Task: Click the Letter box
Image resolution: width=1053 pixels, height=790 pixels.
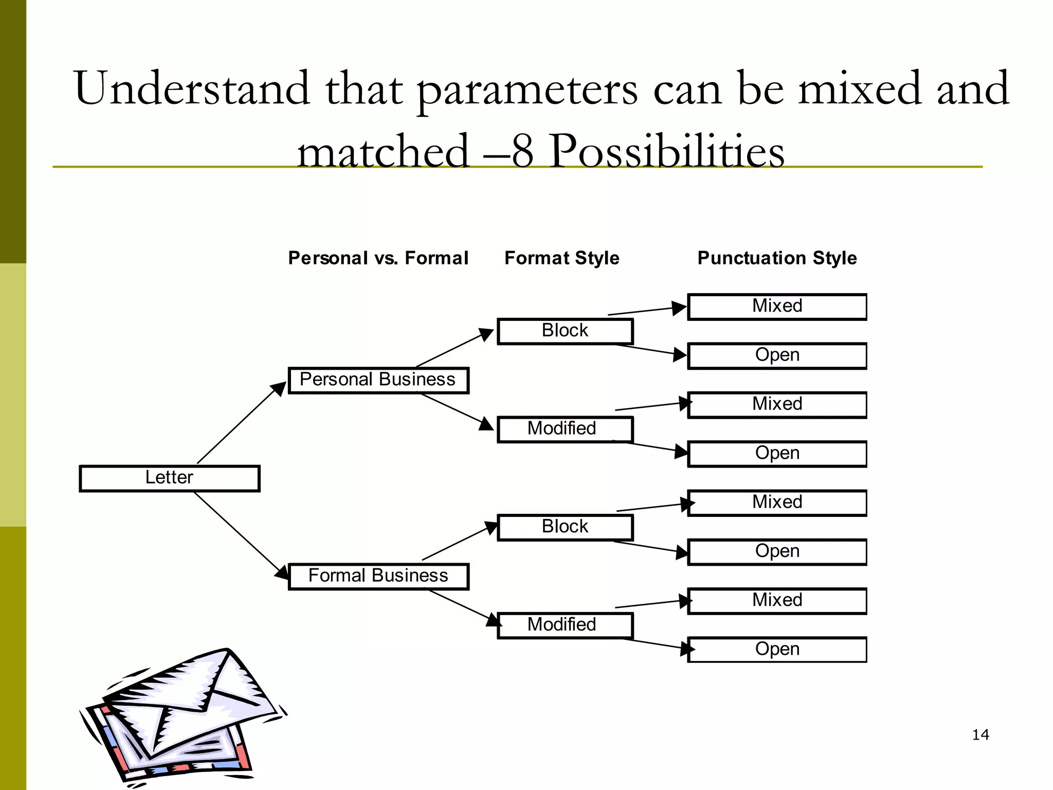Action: [x=170, y=478]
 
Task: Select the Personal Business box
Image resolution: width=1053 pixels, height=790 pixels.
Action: [x=378, y=381]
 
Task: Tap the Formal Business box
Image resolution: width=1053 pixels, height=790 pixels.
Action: [x=378, y=577]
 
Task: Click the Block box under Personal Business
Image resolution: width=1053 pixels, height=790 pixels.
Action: [x=565, y=331]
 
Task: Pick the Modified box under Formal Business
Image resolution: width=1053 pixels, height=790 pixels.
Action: [x=565, y=625]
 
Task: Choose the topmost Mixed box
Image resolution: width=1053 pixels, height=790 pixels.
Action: [x=777, y=307]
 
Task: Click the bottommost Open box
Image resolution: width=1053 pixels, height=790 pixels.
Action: [x=777, y=650]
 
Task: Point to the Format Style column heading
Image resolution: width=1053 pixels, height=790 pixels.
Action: [x=562, y=258]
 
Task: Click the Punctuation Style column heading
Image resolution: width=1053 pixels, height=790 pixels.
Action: [x=777, y=258]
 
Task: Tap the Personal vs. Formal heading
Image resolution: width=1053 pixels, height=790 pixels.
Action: [x=378, y=258]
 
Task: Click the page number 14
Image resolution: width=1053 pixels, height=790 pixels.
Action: [x=981, y=734]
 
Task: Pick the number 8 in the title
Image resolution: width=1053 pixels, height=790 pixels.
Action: [x=522, y=152]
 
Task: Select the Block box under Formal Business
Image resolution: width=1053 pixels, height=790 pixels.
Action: [x=565, y=527]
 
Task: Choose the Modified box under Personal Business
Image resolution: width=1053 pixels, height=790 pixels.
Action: [x=565, y=429]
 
